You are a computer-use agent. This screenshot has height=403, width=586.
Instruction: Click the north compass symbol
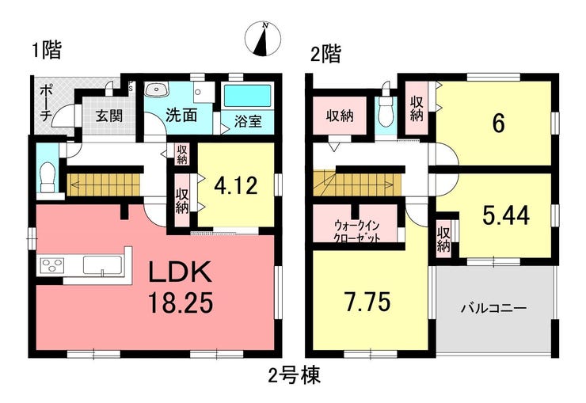coord(263,39)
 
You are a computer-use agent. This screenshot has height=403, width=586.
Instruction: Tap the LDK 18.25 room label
coord(181,287)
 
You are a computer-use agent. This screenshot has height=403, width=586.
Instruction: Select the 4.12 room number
coord(235,185)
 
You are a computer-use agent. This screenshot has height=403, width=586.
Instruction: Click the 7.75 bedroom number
coord(367,302)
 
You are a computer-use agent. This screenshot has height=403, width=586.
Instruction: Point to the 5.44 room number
coord(506,215)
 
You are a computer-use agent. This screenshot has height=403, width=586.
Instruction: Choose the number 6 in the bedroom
coord(499,124)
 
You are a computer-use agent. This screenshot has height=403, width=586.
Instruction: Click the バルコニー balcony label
coord(493,308)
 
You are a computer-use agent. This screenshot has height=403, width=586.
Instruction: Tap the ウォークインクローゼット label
coord(357,231)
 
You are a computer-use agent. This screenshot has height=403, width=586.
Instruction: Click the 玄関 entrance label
coord(108,116)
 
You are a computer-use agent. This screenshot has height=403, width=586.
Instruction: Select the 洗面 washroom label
coord(181,116)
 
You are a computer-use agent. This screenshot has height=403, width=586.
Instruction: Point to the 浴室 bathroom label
coord(248,121)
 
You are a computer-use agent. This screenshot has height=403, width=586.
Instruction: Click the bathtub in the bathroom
coord(247,96)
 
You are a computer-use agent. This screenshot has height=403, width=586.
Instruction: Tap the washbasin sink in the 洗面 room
coord(157,89)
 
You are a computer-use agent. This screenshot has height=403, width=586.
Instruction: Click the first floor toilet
coord(48,177)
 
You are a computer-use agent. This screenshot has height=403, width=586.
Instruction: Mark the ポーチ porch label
coord(45,103)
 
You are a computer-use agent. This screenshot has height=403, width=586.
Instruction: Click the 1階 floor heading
coord(47,51)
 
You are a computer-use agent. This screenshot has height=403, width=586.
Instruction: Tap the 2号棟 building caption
coord(295,375)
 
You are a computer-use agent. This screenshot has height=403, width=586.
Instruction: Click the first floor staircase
coord(104,184)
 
